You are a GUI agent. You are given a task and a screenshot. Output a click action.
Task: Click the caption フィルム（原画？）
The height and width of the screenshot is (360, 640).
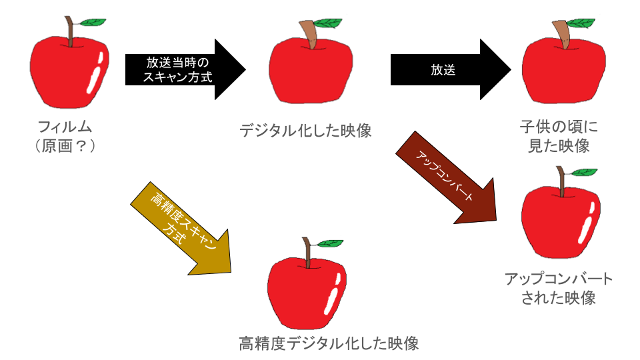point(65,135)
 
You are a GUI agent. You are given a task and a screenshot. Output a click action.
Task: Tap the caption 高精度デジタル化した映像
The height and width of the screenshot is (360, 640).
point(329,344)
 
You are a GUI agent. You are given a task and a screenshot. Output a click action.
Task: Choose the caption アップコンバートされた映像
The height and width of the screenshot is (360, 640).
point(558,288)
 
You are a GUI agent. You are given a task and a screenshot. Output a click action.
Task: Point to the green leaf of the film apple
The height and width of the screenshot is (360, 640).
point(95,22)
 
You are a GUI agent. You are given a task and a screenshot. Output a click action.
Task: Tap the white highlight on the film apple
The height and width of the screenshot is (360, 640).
point(96,72)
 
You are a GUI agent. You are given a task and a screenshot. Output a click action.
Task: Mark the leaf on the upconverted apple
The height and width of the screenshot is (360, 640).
point(585,172)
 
